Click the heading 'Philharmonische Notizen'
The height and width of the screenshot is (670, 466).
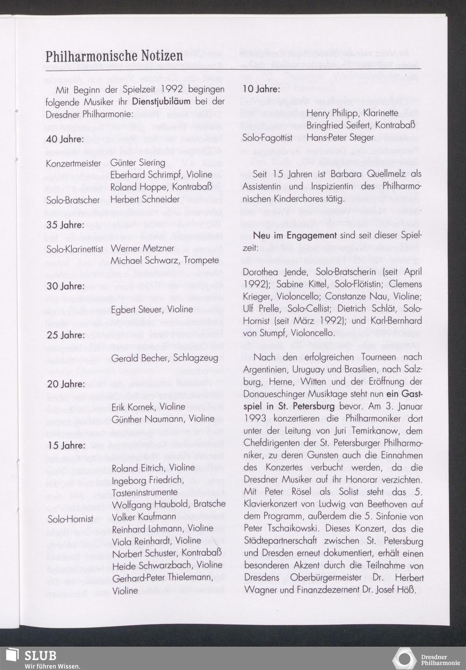tap(114, 56)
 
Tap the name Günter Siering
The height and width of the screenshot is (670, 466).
tap(138, 163)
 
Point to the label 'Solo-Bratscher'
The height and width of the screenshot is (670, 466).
tap(73, 199)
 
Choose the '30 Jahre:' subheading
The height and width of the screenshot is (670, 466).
tap(65, 286)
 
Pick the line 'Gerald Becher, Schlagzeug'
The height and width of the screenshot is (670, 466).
tap(165, 358)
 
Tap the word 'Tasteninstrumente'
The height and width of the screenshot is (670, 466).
tap(144, 492)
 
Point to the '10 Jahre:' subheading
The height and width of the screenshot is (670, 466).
tap(261, 89)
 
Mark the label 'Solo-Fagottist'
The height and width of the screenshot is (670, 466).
tap(267, 138)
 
